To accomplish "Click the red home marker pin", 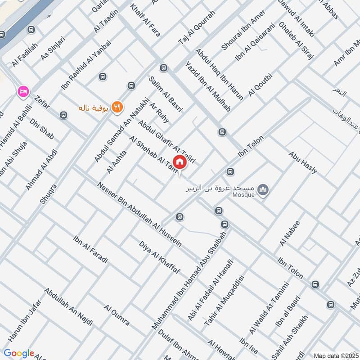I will tap(179, 162).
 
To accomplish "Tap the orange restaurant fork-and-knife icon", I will tap(117, 107).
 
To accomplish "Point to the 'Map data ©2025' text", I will tap(336, 355).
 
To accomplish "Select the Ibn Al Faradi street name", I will tap(90, 249).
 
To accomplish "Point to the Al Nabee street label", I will tap(289, 233).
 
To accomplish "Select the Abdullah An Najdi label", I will tap(68, 306).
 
